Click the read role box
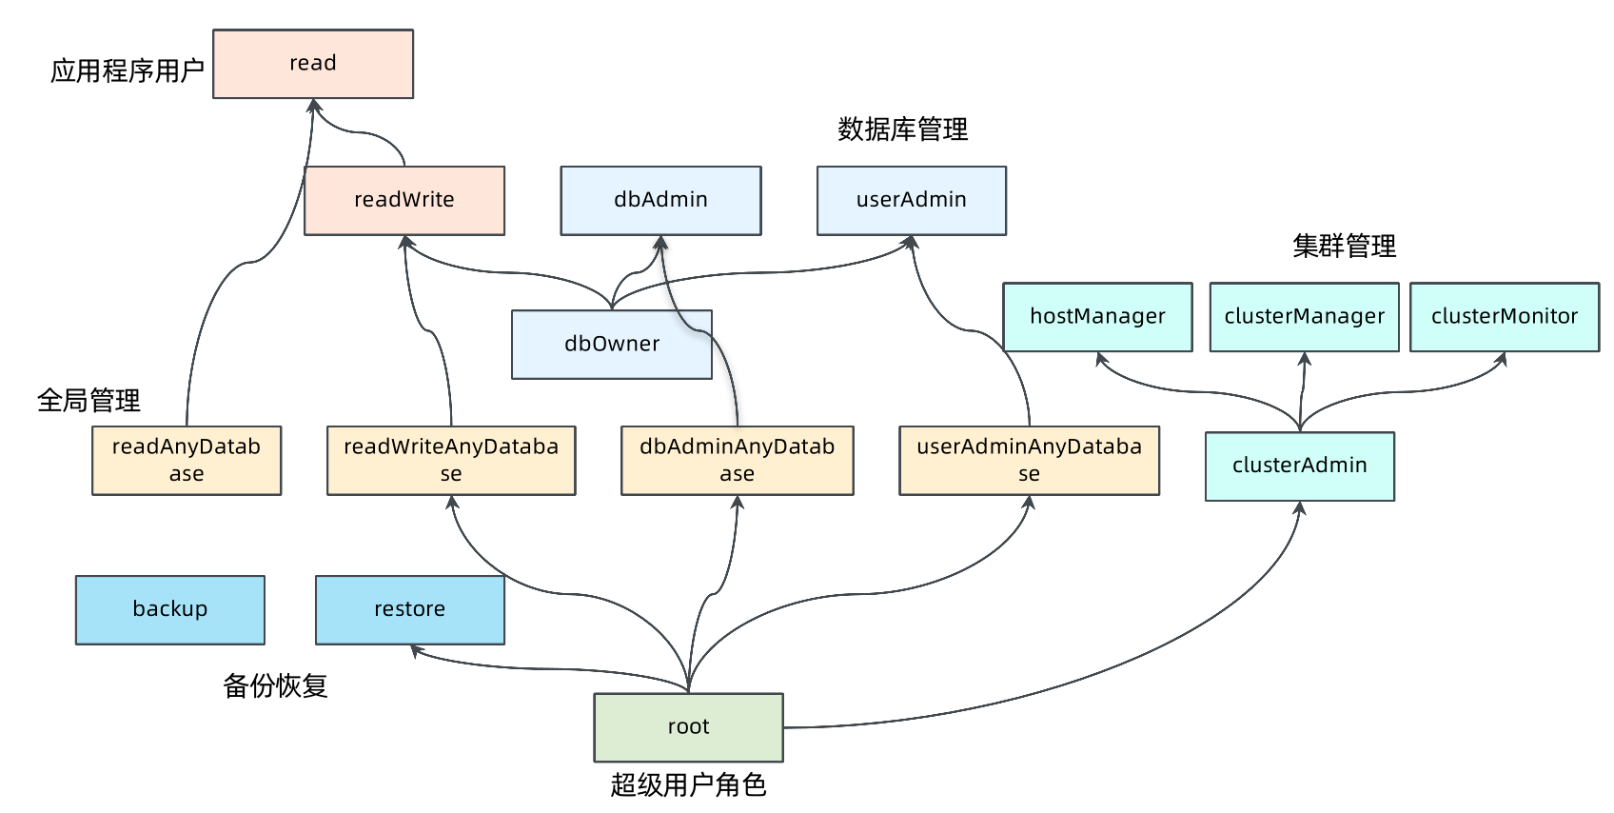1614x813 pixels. (313, 64)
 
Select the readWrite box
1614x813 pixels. (404, 201)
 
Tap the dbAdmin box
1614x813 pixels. (660, 201)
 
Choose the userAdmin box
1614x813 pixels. (911, 201)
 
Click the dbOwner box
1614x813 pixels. (612, 345)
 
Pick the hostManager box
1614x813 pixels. (1097, 317)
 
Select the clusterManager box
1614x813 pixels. (1304, 317)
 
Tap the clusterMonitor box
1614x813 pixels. (1504, 317)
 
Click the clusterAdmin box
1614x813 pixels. (1299, 466)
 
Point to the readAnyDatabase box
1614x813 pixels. (187, 461)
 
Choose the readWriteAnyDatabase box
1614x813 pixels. (451, 461)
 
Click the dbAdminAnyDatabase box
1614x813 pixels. (737, 461)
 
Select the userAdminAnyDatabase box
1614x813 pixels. (1029, 461)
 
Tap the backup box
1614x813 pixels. (170, 610)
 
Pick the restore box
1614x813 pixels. (409, 610)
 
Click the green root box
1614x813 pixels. (688, 727)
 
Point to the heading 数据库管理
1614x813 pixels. (902, 129)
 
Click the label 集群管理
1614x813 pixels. (1344, 247)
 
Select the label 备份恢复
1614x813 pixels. (275, 685)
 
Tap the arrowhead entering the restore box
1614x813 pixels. (416, 650)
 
